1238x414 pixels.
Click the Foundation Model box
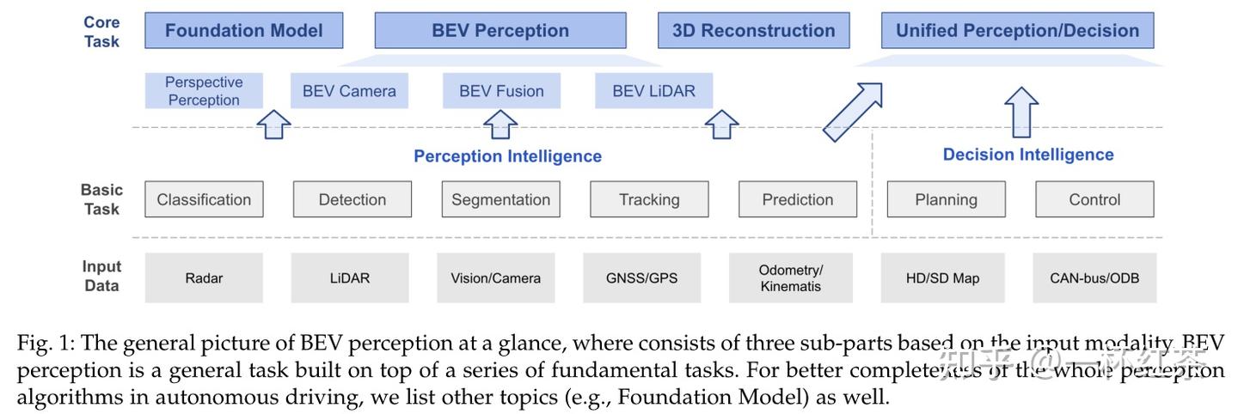(x=243, y=30)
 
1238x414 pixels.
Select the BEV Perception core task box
(x=499, y=30)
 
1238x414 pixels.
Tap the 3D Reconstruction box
(x=753, y=30)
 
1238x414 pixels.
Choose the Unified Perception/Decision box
(x=1017, y=30)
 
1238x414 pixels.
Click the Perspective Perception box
(x=204, y=91)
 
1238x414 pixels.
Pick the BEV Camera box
(x=349, y=91)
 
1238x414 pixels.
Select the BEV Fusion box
(x=501, y=91)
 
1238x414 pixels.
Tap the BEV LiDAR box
(x=653, y=91)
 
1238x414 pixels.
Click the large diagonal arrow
(x=852, y=112)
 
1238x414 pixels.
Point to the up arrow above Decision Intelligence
(x=1021, y=111)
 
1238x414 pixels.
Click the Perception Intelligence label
(x=507, y=156)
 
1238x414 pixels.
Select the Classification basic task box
(x=204, y=199)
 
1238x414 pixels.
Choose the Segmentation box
(x=500, y=199)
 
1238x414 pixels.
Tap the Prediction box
(x=797, y=199)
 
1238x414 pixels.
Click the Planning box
(x=946, y=199)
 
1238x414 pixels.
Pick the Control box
(x=1094, y=199)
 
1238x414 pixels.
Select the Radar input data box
(x=204, y=277)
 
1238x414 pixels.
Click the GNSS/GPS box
(x=641, y=277)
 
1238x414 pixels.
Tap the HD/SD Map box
(x=942, y=277)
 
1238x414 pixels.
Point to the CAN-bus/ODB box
(x=1094, y=277)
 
